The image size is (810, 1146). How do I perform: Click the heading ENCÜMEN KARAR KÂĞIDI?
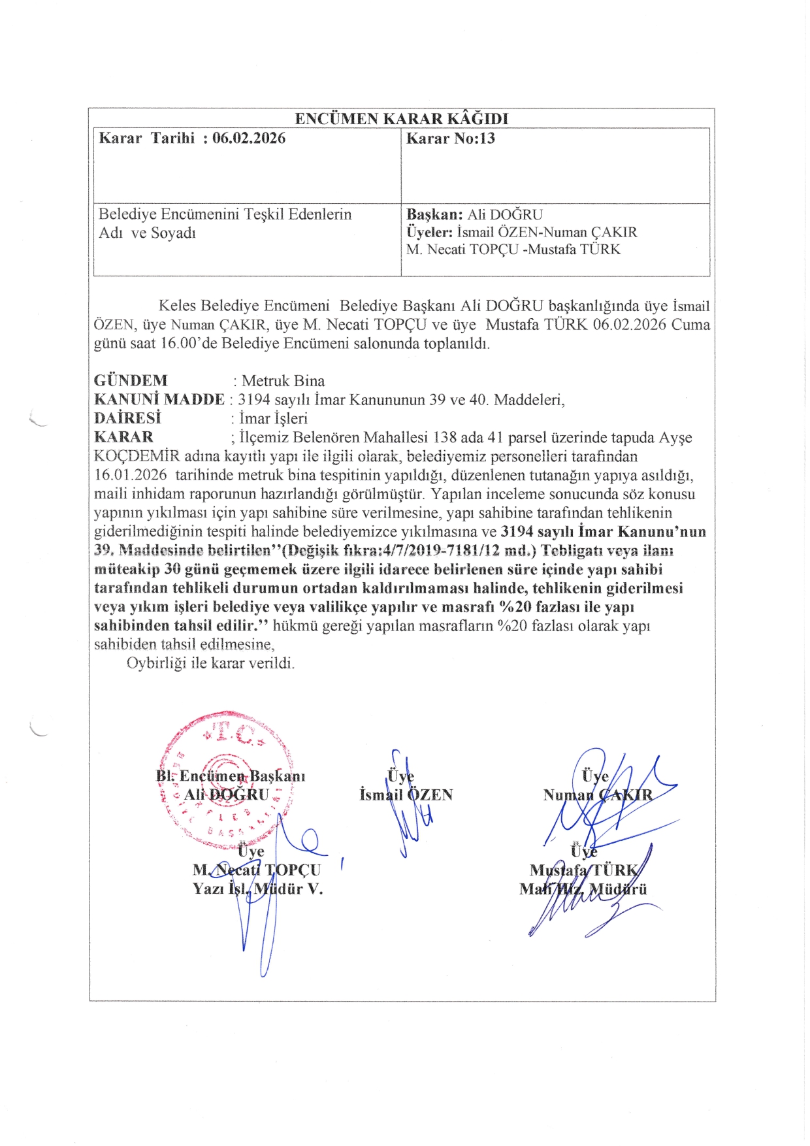(x=401, y=118)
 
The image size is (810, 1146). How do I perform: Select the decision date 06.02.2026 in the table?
(x=249, y=138)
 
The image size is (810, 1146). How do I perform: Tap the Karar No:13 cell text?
(x=450, y=139)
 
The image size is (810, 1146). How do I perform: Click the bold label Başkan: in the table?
(x=434, y=214)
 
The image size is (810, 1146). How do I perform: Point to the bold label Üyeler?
(x=429, y=232)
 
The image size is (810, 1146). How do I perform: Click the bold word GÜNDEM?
(x=131, y=380)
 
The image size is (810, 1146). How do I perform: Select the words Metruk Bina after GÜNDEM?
(x=283, y=381)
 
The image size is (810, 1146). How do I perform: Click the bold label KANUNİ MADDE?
(x=159, y=399)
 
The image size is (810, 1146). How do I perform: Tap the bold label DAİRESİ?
(x=127, y=418)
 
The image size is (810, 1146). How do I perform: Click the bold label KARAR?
(x=123, y=437)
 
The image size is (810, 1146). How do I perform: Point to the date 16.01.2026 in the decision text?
(x=131, y=475)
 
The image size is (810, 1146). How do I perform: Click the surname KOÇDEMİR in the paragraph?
(x=137, y=456)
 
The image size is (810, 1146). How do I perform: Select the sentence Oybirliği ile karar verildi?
(x=210, y=663)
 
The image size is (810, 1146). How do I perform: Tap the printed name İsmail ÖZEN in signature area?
(x=406, y=795)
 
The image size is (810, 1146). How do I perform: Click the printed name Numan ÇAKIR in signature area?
(x=598, y=795)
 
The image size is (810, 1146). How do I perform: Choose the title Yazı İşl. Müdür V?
(x=257, y=889)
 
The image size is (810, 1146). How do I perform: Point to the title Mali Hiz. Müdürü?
(x=583, y=889)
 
